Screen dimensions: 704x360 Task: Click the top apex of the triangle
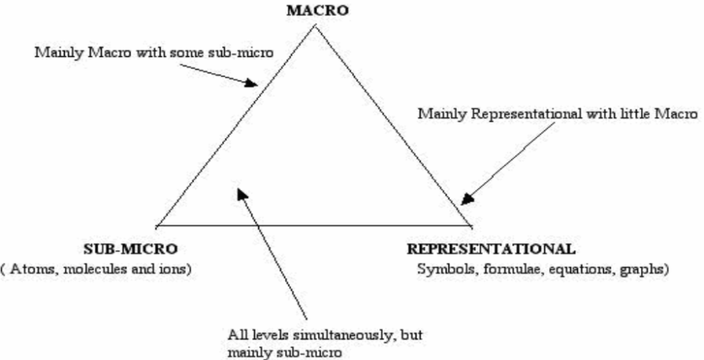[x=315, y=25]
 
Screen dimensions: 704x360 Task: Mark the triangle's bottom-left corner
[x=155, y=224]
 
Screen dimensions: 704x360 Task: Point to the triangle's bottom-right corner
[x=473, y=224]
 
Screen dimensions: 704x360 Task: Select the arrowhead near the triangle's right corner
[x=464, y=203]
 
